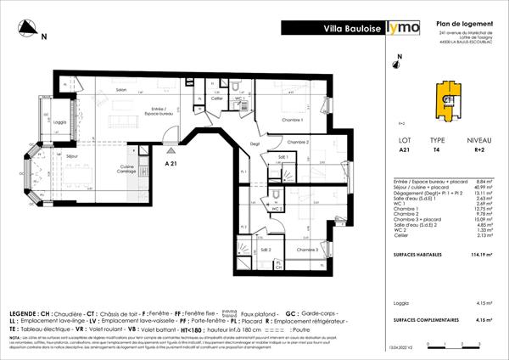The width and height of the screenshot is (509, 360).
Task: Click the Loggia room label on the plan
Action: (x=59, y=121)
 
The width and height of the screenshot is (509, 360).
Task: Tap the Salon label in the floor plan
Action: (x=121, y=90)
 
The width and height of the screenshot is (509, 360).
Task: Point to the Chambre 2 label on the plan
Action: (x=297, y=142)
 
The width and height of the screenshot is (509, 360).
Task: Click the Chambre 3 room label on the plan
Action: (x=307, y=250)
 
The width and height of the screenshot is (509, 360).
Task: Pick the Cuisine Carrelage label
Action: (x=128, y=168)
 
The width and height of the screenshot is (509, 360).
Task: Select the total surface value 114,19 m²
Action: (x=483, y=254)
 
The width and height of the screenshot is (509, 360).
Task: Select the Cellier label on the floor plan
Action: (x=217, y=98)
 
